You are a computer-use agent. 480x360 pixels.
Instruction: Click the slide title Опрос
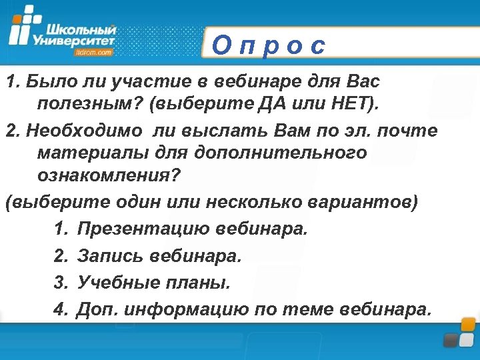(269, 45)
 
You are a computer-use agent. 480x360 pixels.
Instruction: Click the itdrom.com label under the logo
(94, 51)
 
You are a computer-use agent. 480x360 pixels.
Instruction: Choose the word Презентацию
(144, 229)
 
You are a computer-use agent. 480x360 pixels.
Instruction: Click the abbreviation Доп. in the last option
(97, 309)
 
